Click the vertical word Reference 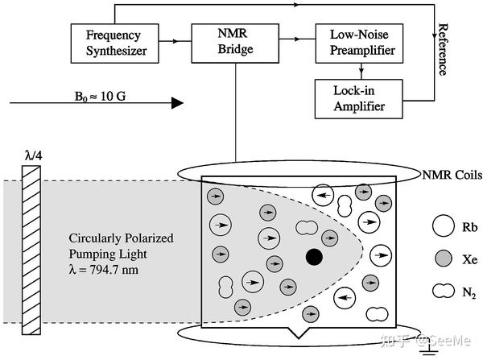tap(442, 49)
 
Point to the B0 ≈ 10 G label tap(100, 97)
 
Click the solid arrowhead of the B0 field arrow tap(177, 102)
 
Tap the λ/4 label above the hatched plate tap(34, 155)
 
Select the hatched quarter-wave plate tap(31, 250)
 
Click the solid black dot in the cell tap(314, 257)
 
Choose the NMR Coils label tap(452, 175)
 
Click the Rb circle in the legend tap(444, 226)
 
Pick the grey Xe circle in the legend tap(444, 259)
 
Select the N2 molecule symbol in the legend tap(444, 291)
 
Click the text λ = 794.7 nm tap(104, 270)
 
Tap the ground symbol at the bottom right tap(429, 351)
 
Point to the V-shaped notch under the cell tap(299, 333)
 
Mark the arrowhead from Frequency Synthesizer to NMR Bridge tap(175, 41)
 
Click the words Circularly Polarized tap(121, 238)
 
